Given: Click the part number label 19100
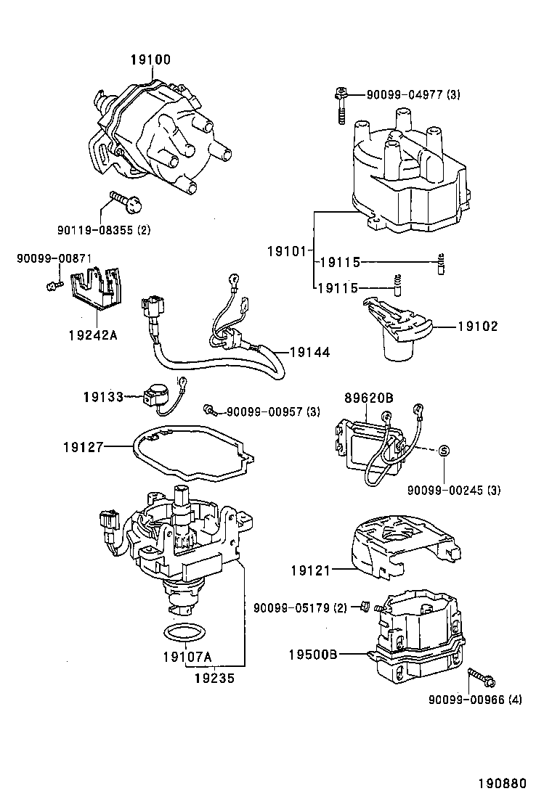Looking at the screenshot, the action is click(x=150, y=60).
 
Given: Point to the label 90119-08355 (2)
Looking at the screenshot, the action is click(x=104, y=229).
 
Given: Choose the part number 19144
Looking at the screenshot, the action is click(x=310, y=352).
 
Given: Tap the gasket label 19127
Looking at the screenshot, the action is click(x=84, y=447).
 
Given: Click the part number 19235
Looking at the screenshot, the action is click(x=214, y=679).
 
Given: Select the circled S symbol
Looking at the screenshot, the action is click(x=443, y=451).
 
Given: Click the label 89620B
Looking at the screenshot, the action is click(x=369, y=398).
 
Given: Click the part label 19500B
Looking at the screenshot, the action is click(x=312, y=655).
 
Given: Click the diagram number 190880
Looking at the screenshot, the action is click(x=503, y=783).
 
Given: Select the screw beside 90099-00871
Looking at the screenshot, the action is click(x=54, y=284).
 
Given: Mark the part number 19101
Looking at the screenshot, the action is click(x=288, y=252).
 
